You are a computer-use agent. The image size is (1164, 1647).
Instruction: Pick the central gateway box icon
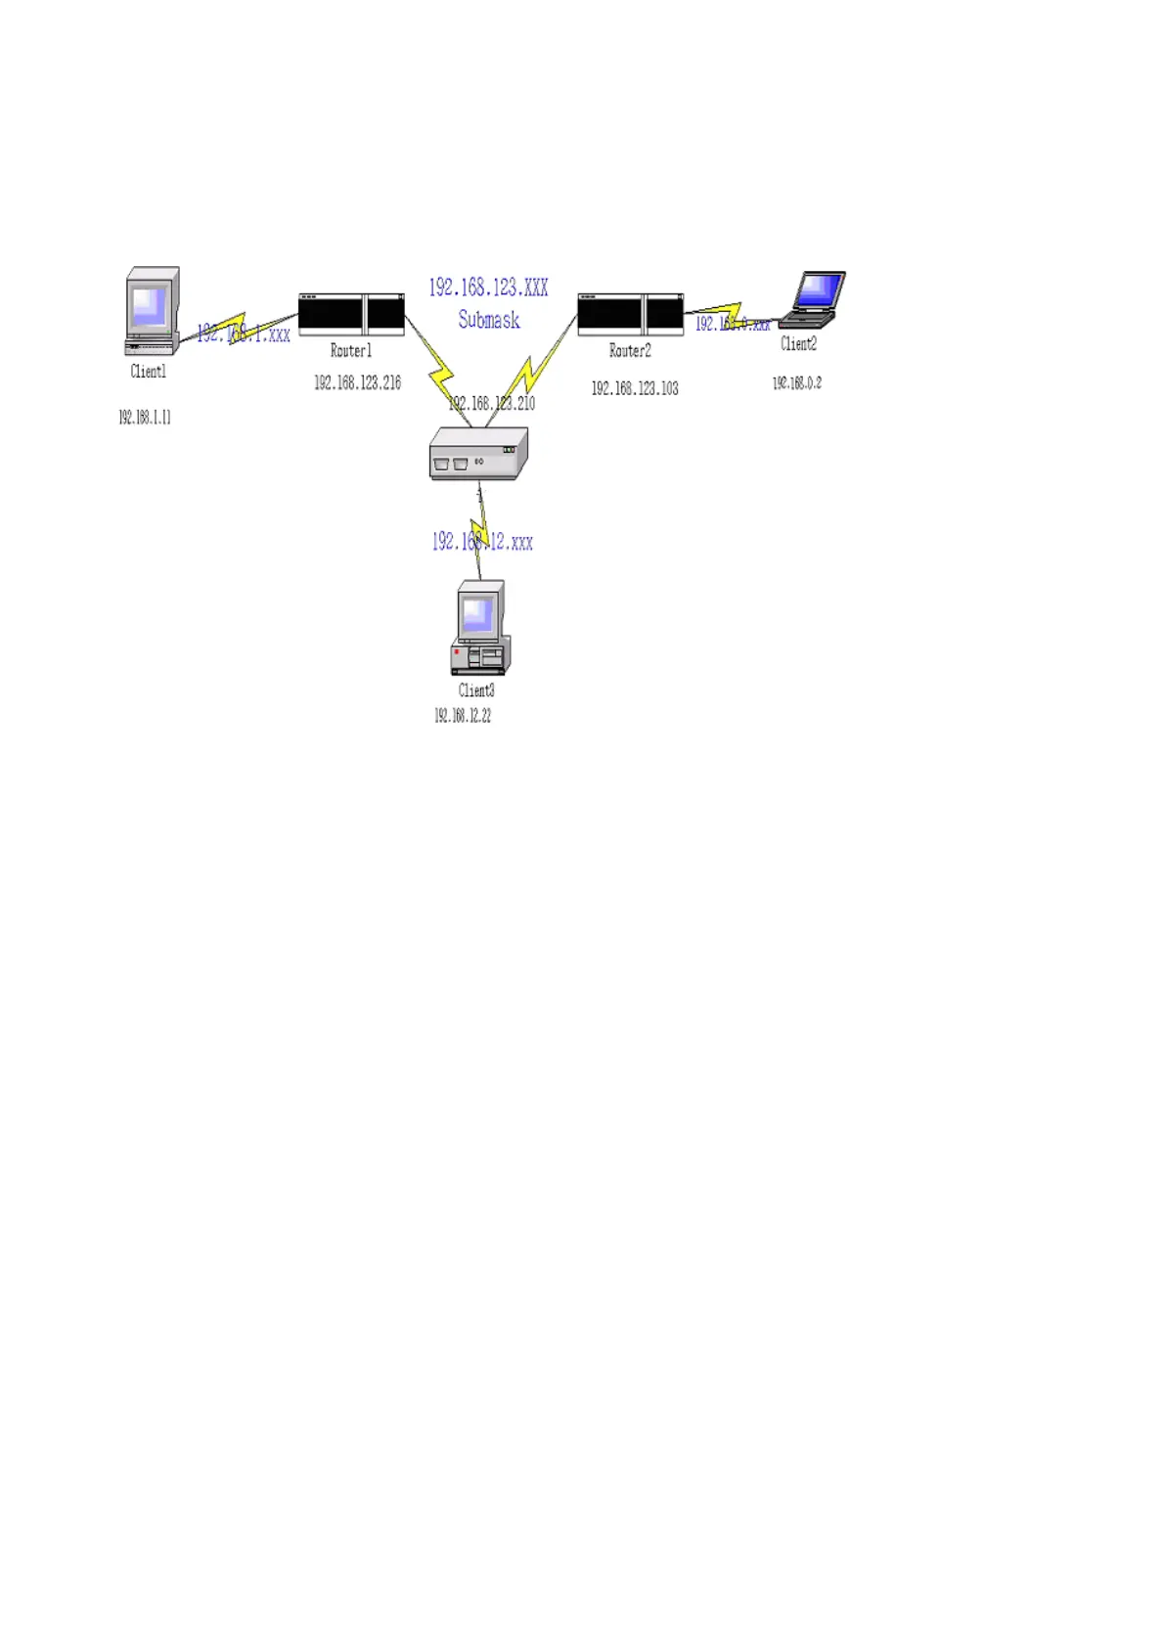click(478, 454)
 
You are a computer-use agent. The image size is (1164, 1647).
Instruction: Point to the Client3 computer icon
click(480, 628)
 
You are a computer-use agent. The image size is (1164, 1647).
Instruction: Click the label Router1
click(351, 351)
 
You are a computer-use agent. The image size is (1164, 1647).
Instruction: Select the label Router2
click(630, 351)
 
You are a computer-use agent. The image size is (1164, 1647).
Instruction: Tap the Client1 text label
click(149, 372)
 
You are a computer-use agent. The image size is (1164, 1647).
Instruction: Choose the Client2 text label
click(798, 344)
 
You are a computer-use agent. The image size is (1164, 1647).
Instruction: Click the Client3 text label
click(476, 690)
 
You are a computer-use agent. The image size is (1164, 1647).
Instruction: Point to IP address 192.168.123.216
click(357, 383)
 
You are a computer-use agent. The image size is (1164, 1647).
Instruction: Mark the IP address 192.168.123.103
click(635, 388)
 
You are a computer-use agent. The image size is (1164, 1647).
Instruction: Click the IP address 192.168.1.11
click(145, 418)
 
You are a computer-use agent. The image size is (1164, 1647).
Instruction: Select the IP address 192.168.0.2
click(797, 383)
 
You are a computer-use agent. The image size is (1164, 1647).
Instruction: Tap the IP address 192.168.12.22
click(463, 716)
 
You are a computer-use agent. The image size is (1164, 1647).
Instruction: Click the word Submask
click(489, 320)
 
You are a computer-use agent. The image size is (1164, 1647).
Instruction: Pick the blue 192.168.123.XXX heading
click(488, 288)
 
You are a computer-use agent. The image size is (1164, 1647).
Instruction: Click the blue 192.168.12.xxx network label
click(483, 542)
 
